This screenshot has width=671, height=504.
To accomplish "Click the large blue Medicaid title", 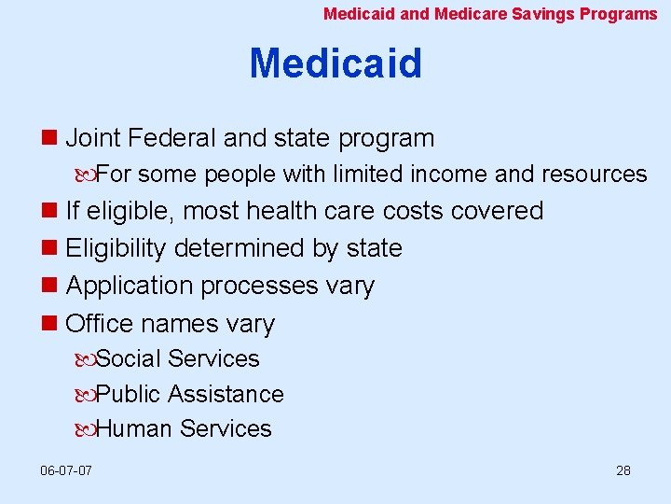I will pyautogui.click(x=335, y=63).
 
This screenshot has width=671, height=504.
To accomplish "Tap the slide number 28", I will pyautogui.click(x=623, y=469).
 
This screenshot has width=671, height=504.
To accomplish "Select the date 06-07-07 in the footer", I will pyautogui.click(x=66, y=469).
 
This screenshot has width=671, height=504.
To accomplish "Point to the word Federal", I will pyautogui.click(x=173, y=138).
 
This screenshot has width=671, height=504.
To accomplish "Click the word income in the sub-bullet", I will pyautogui.click(x=452, y=174).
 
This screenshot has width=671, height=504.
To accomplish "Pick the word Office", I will pyautogui.click(x=100, y=324).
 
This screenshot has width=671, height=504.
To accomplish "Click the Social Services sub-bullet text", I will pyautogui.click(x=178, y=358).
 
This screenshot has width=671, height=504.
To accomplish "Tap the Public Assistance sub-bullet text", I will pyautogui.click(x=190, y=394).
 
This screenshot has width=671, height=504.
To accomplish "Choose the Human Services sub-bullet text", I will pyautogui.click(x=184, y=429).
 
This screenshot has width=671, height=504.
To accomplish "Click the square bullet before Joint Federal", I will pyautogui.click(x=50, y=139).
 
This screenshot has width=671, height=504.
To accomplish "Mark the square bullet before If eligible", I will pyautogui.click(x=50, y=212).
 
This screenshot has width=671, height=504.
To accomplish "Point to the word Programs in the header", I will pyautogui.click(x=618, y=13).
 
